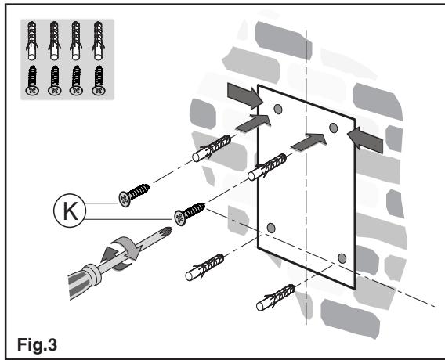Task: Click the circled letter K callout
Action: click(70, 211)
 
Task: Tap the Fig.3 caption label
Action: click(37, 344)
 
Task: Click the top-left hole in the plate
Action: click(278, 109)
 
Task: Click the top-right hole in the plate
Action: click(334, 128)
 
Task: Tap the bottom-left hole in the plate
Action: click(271, 228)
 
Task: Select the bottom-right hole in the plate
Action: click(342, 258)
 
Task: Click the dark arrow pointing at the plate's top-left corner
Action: click(245, 95)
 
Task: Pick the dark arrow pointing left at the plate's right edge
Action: click(365, 139)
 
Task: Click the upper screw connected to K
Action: click(134, 195)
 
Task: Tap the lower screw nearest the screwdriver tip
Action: click(190, 214)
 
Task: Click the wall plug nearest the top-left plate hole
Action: click(212, 148)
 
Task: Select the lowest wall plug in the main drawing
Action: click(276, 297)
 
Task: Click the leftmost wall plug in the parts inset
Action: click(31, 41)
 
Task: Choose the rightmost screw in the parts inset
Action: click(98, 81)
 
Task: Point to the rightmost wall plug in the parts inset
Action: click(98, 41)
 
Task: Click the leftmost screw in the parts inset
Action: click(32, 81)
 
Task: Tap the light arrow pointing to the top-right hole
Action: click(309, 142)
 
